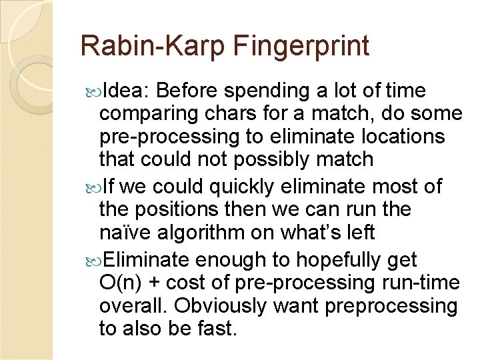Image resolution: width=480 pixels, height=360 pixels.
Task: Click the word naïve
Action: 125,233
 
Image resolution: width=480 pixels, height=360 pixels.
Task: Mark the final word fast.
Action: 215,329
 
